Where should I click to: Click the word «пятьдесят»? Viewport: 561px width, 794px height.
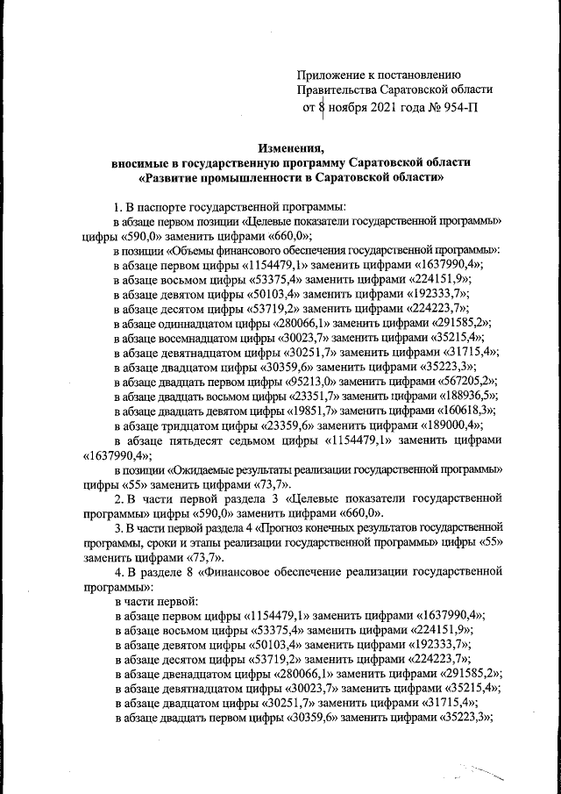[192, 440]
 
